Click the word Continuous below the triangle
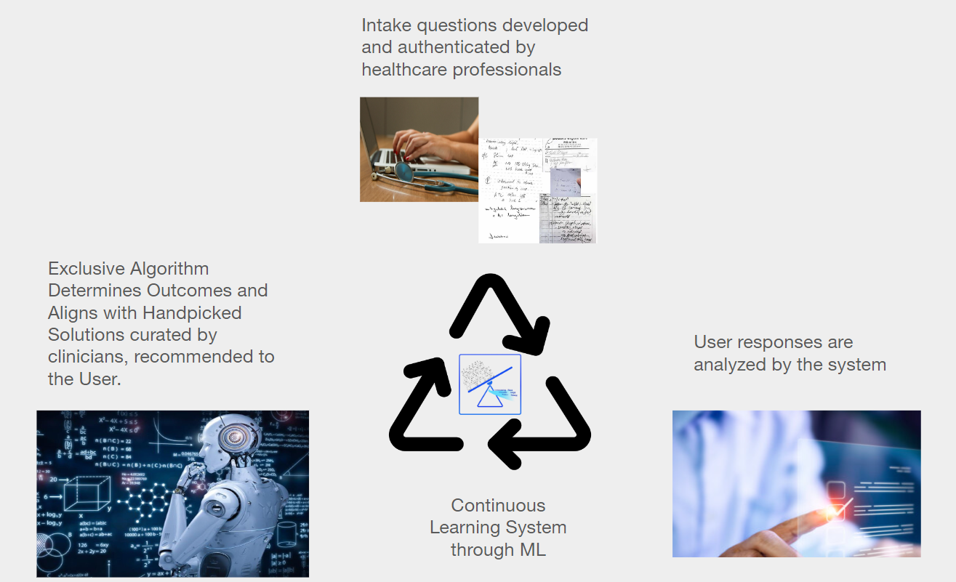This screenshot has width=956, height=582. (x=498, y=506)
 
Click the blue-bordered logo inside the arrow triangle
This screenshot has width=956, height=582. (x=490, y=384)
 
